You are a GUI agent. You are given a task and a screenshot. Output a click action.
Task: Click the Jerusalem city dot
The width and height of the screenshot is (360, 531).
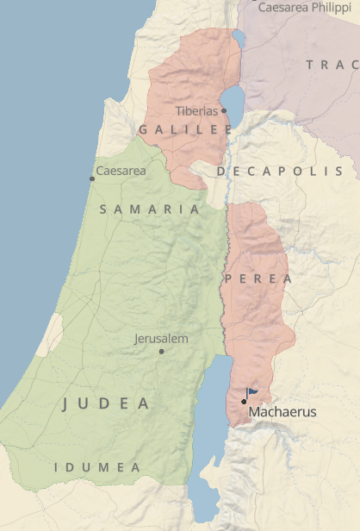click(161, 351)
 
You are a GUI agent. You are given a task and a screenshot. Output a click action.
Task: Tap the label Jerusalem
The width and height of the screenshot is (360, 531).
click(161, 339)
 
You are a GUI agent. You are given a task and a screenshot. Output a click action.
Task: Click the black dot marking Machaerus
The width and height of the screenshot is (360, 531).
click(244, 401)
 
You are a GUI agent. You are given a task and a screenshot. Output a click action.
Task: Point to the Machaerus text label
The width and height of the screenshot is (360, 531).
click(282, 413)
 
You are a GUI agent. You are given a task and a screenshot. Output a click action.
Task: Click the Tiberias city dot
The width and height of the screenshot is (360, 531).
click(223, 110)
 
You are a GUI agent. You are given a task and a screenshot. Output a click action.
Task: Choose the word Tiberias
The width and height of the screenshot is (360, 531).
click(196, 111)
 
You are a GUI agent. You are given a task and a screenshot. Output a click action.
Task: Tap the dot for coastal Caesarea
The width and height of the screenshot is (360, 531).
click(92, 178)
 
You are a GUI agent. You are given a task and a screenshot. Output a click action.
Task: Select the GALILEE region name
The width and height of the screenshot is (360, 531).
click(185, 129)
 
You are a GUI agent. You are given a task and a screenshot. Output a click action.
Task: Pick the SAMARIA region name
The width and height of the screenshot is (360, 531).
click(150, 209)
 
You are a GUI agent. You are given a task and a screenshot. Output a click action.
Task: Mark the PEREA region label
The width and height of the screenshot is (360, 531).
click(258, 279)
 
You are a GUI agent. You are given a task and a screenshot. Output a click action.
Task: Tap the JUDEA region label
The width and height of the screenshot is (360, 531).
click(106, 403)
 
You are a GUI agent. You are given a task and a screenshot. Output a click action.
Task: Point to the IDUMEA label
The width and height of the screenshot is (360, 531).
click(97, 467)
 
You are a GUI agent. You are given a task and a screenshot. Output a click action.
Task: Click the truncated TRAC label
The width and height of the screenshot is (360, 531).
click(332, 65)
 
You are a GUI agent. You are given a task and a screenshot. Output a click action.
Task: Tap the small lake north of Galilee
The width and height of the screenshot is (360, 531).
click(238, 39)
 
